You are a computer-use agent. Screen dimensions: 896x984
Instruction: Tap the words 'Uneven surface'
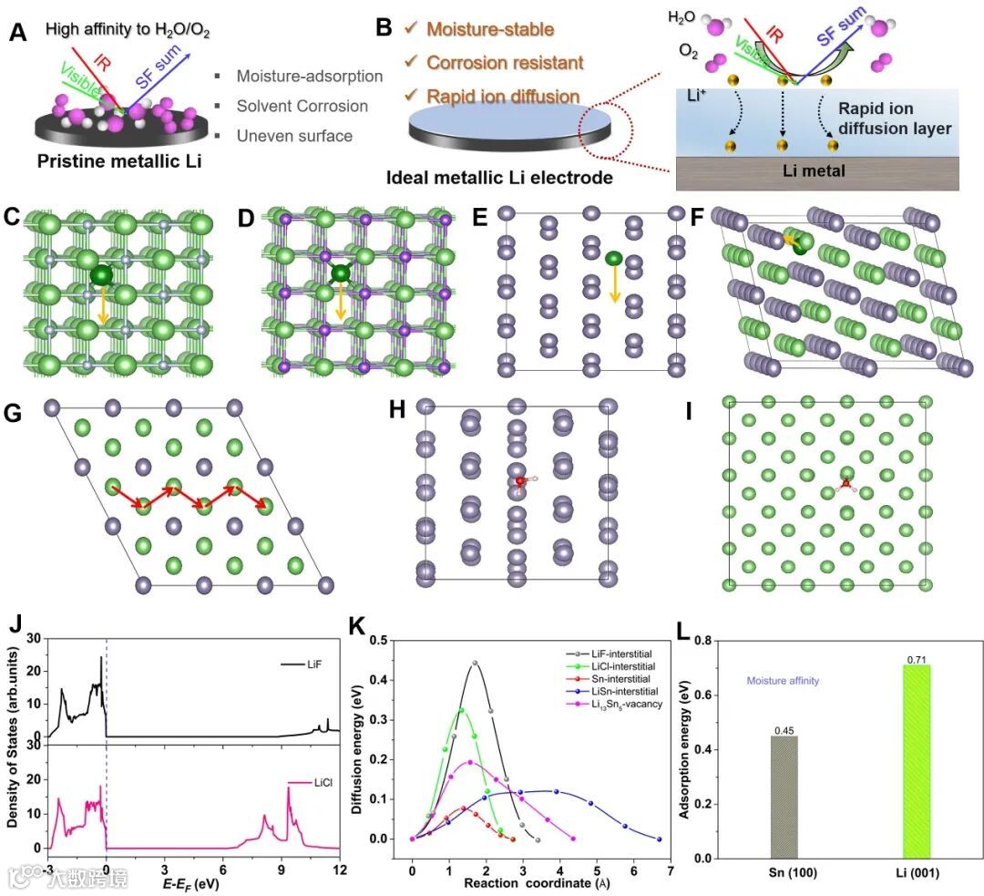tap(293, 136)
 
